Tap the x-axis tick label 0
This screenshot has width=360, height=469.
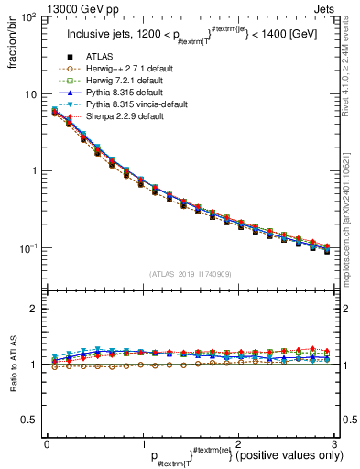[47, 444]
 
